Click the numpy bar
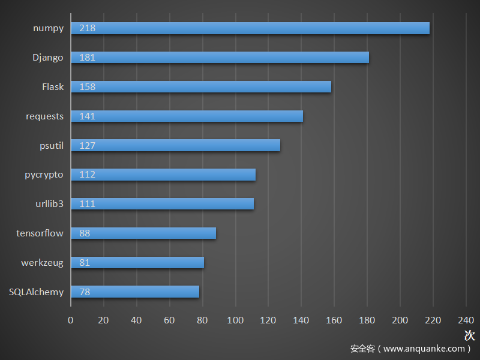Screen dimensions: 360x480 (250, 28)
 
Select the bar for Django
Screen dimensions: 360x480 (220, 58)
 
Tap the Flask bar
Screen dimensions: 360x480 (201, 87)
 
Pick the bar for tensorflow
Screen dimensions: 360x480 (143, 233)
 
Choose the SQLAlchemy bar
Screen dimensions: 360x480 (135, 292)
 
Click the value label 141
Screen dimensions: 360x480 (87, 116)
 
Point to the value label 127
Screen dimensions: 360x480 (87, 146)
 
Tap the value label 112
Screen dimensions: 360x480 (87, 175)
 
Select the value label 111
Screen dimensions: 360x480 (87, 204)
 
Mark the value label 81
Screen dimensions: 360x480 (85, 263)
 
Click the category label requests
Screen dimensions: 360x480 (44, 116)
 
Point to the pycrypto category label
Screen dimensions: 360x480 (44, 175)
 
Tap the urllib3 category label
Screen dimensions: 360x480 (49, 204)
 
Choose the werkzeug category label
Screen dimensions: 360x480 (42, 263)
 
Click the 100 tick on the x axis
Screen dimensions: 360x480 (235, 320)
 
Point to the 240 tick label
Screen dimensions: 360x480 (466, 320)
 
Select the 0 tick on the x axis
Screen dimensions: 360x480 (71, 320)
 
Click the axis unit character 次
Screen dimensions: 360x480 (469, 335)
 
